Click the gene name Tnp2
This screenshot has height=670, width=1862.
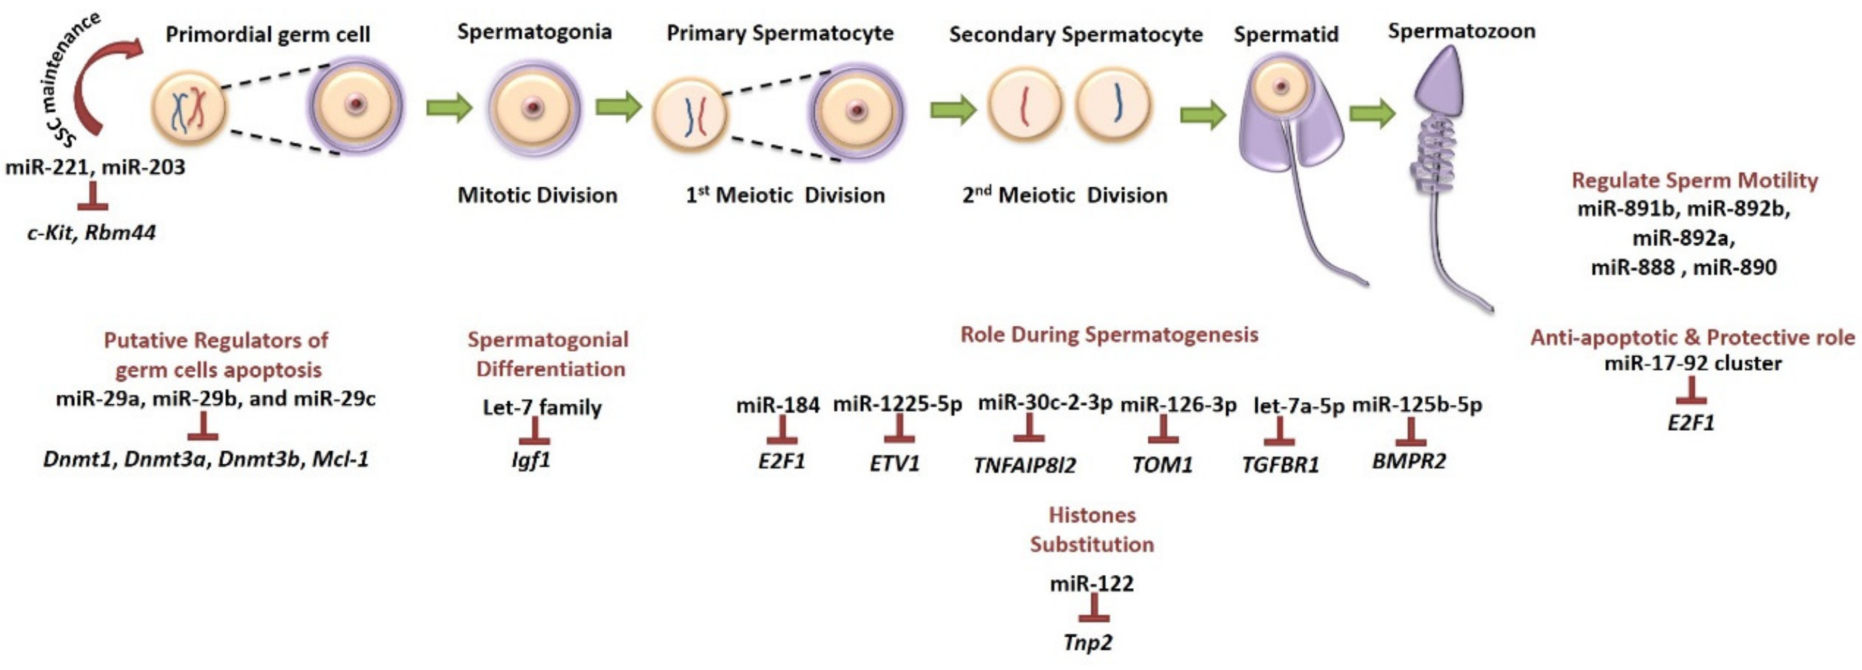[x=1088, y=642]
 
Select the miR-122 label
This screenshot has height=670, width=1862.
[x=1091, y=583]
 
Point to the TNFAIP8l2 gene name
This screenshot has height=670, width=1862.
[x=1024, y=464]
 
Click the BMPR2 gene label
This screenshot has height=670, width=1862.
[x=1409, y=461]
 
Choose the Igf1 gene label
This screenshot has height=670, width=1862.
[x=532, y=459]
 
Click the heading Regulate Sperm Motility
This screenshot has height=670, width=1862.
[x=1694, y=180]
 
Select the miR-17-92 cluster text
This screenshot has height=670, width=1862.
[x=1693, y=363]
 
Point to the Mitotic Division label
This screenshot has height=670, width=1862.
[x=537, y=195]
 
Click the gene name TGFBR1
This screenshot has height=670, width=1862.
[x=1280, y=464]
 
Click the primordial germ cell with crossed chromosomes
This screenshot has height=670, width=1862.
[x=189, y=109]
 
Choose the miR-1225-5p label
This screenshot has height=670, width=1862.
[x=897, y=405]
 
